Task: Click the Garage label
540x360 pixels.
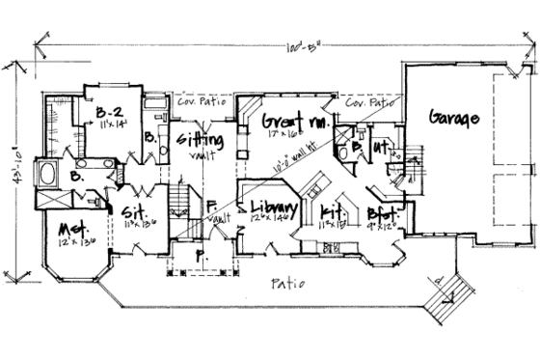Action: [449, 120]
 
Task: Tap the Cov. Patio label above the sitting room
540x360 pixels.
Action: [199, 97]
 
